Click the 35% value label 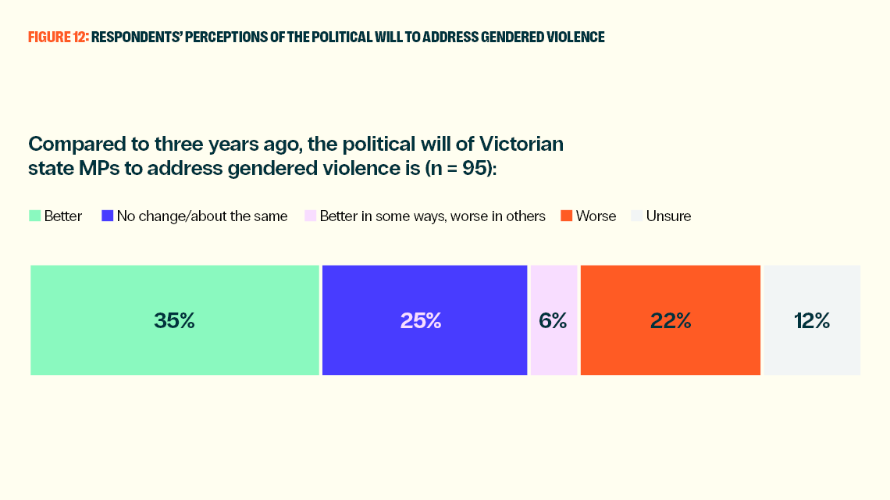(x=174, y=320)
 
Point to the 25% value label (x=421, y=320)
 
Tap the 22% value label (x=671, y=320)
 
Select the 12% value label (x=812, y=320)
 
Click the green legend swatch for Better (x=34, y=216)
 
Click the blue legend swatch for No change (x=107, y=216)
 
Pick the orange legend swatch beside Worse (x=566, y=216)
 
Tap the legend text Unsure (x=668, y=216)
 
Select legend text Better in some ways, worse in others (x=433, y=216)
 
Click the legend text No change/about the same (x=202, y=216)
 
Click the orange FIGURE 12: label (x=58, y=37)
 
